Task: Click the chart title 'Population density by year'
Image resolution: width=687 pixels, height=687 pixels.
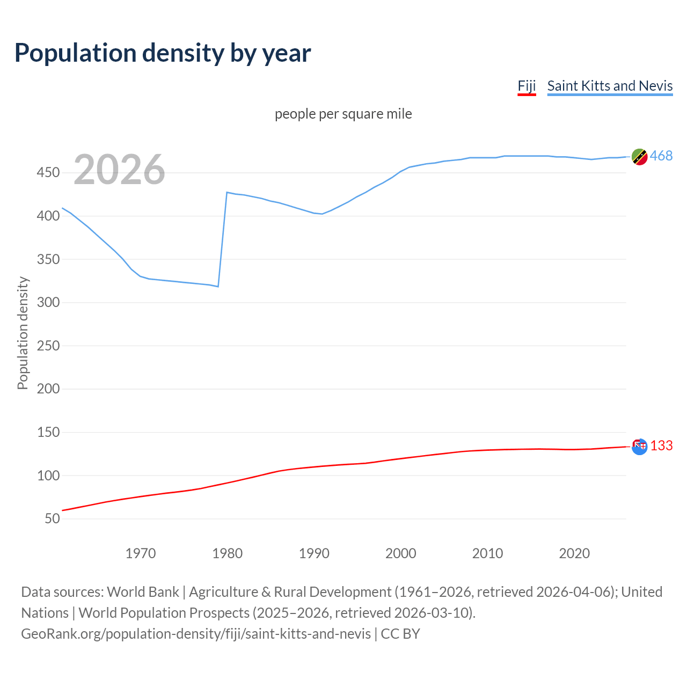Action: point(163,53)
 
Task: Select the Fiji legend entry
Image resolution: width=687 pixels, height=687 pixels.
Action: point(527,86)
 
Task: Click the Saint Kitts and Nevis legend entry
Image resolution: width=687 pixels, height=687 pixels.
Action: point(610,86)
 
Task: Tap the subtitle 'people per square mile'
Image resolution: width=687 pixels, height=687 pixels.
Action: point(343,114)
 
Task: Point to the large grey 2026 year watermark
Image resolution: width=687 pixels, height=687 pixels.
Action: point(119,170)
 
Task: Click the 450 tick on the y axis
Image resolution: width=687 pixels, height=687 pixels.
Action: point(48,173)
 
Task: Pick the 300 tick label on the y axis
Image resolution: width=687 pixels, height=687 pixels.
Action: point(48,303)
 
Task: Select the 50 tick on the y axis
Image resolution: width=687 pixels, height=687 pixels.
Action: point(52,519)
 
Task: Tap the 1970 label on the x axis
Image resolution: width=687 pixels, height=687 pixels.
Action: point(141,553)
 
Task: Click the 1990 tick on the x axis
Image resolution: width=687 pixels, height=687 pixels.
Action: point(314,553)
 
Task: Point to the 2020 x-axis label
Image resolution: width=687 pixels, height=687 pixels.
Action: point(574,553)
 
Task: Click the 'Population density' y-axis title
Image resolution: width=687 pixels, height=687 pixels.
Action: point(23,333)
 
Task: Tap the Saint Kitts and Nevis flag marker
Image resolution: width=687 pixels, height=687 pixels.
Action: point(639,157)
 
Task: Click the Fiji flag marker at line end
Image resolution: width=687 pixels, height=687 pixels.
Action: point(639,447)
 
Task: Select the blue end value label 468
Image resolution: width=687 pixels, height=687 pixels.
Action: point(661,156)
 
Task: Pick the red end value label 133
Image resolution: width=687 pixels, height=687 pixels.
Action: point(661,446)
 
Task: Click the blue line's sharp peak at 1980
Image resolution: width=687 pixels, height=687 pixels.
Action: point(227,192)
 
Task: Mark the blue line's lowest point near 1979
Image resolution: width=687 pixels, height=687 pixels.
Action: point(218,287)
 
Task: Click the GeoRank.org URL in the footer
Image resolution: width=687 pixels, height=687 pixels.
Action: point(196,634)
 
